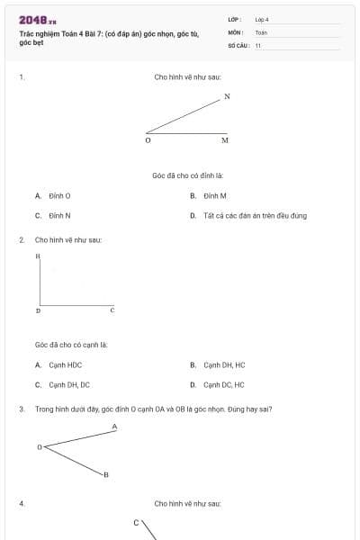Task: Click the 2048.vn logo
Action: tap(37, 20)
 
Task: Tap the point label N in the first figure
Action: tap(227, 96)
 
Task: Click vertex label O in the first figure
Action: tap(148, 140)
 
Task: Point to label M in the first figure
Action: tap(224, 140)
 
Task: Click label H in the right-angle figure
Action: tap(38, 256)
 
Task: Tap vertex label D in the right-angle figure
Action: tap(38, 310)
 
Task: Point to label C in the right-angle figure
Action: tap(112, 310)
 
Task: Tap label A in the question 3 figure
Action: tap(114, 426)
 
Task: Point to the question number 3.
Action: tap(21, 409)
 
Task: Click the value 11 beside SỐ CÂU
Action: tap(258, 45)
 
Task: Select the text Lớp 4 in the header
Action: tap(262, 19)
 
